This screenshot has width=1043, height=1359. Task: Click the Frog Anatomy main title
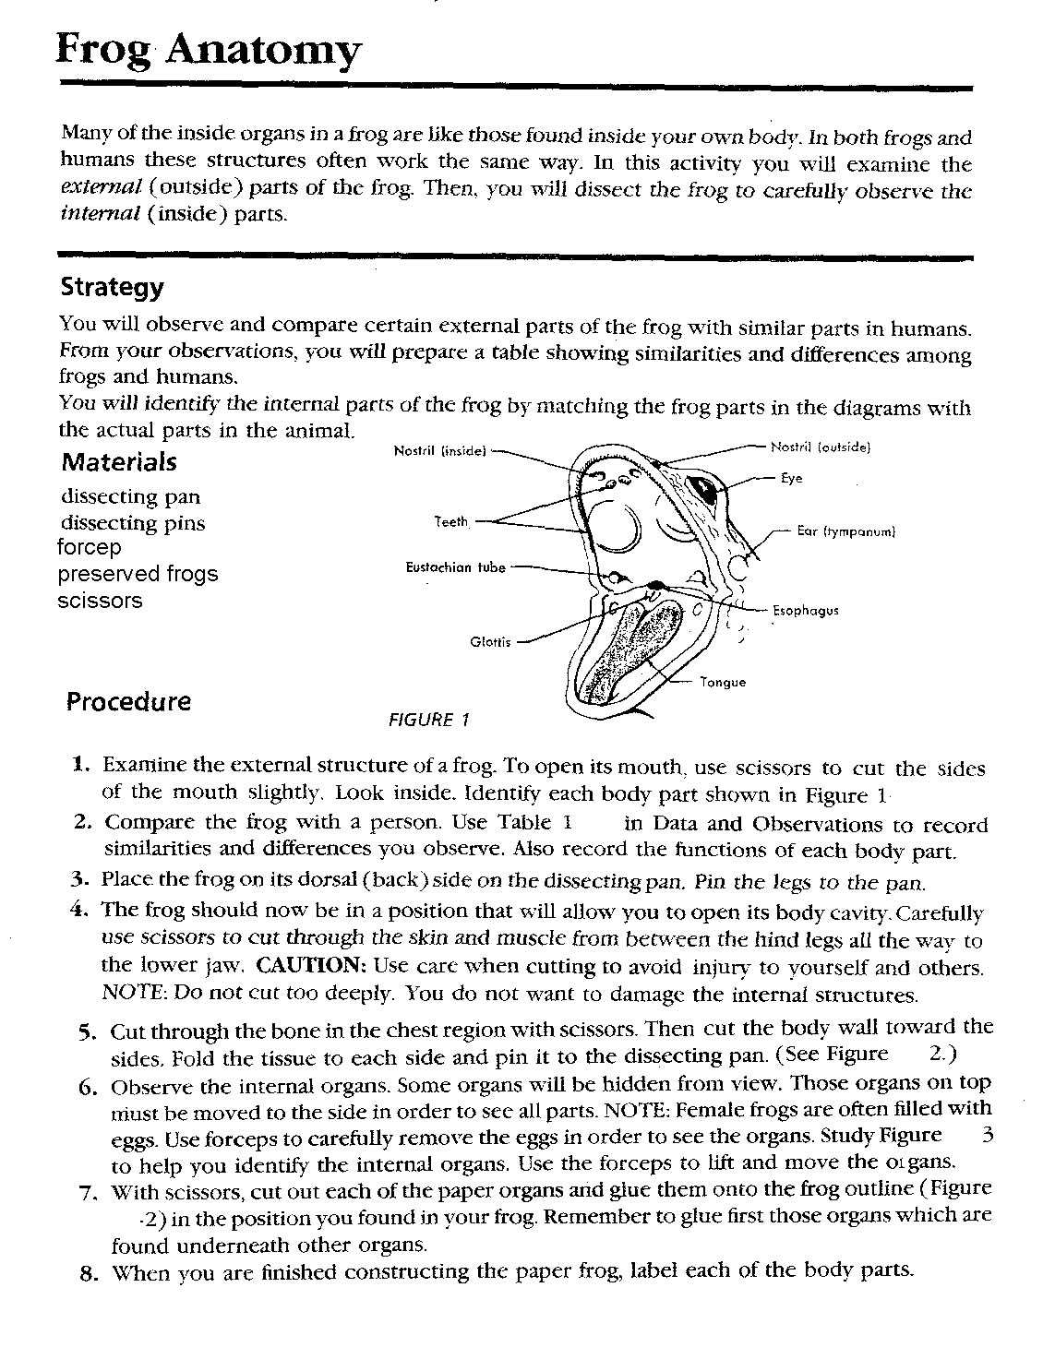coord(209,52)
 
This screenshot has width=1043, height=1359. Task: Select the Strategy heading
coord(112,287)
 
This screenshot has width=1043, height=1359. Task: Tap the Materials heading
coord(119,461)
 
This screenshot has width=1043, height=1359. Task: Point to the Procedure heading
coord(128,701)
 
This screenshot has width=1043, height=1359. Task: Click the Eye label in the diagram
coord(792,479)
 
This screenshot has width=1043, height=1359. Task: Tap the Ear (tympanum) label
coord(846,532)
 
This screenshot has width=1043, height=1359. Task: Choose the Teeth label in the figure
coord(451,522)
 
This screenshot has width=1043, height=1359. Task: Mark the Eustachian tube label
coord(456,568)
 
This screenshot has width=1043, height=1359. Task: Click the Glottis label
coord(490,642)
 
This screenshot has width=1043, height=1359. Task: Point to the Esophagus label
coord(806,611)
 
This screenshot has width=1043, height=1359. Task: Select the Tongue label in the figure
coord(723,683)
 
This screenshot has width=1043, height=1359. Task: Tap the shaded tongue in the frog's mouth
coord(637,646)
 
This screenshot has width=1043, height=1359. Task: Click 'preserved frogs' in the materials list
coord(138,574)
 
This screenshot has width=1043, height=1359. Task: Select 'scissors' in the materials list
coord(100,601)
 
